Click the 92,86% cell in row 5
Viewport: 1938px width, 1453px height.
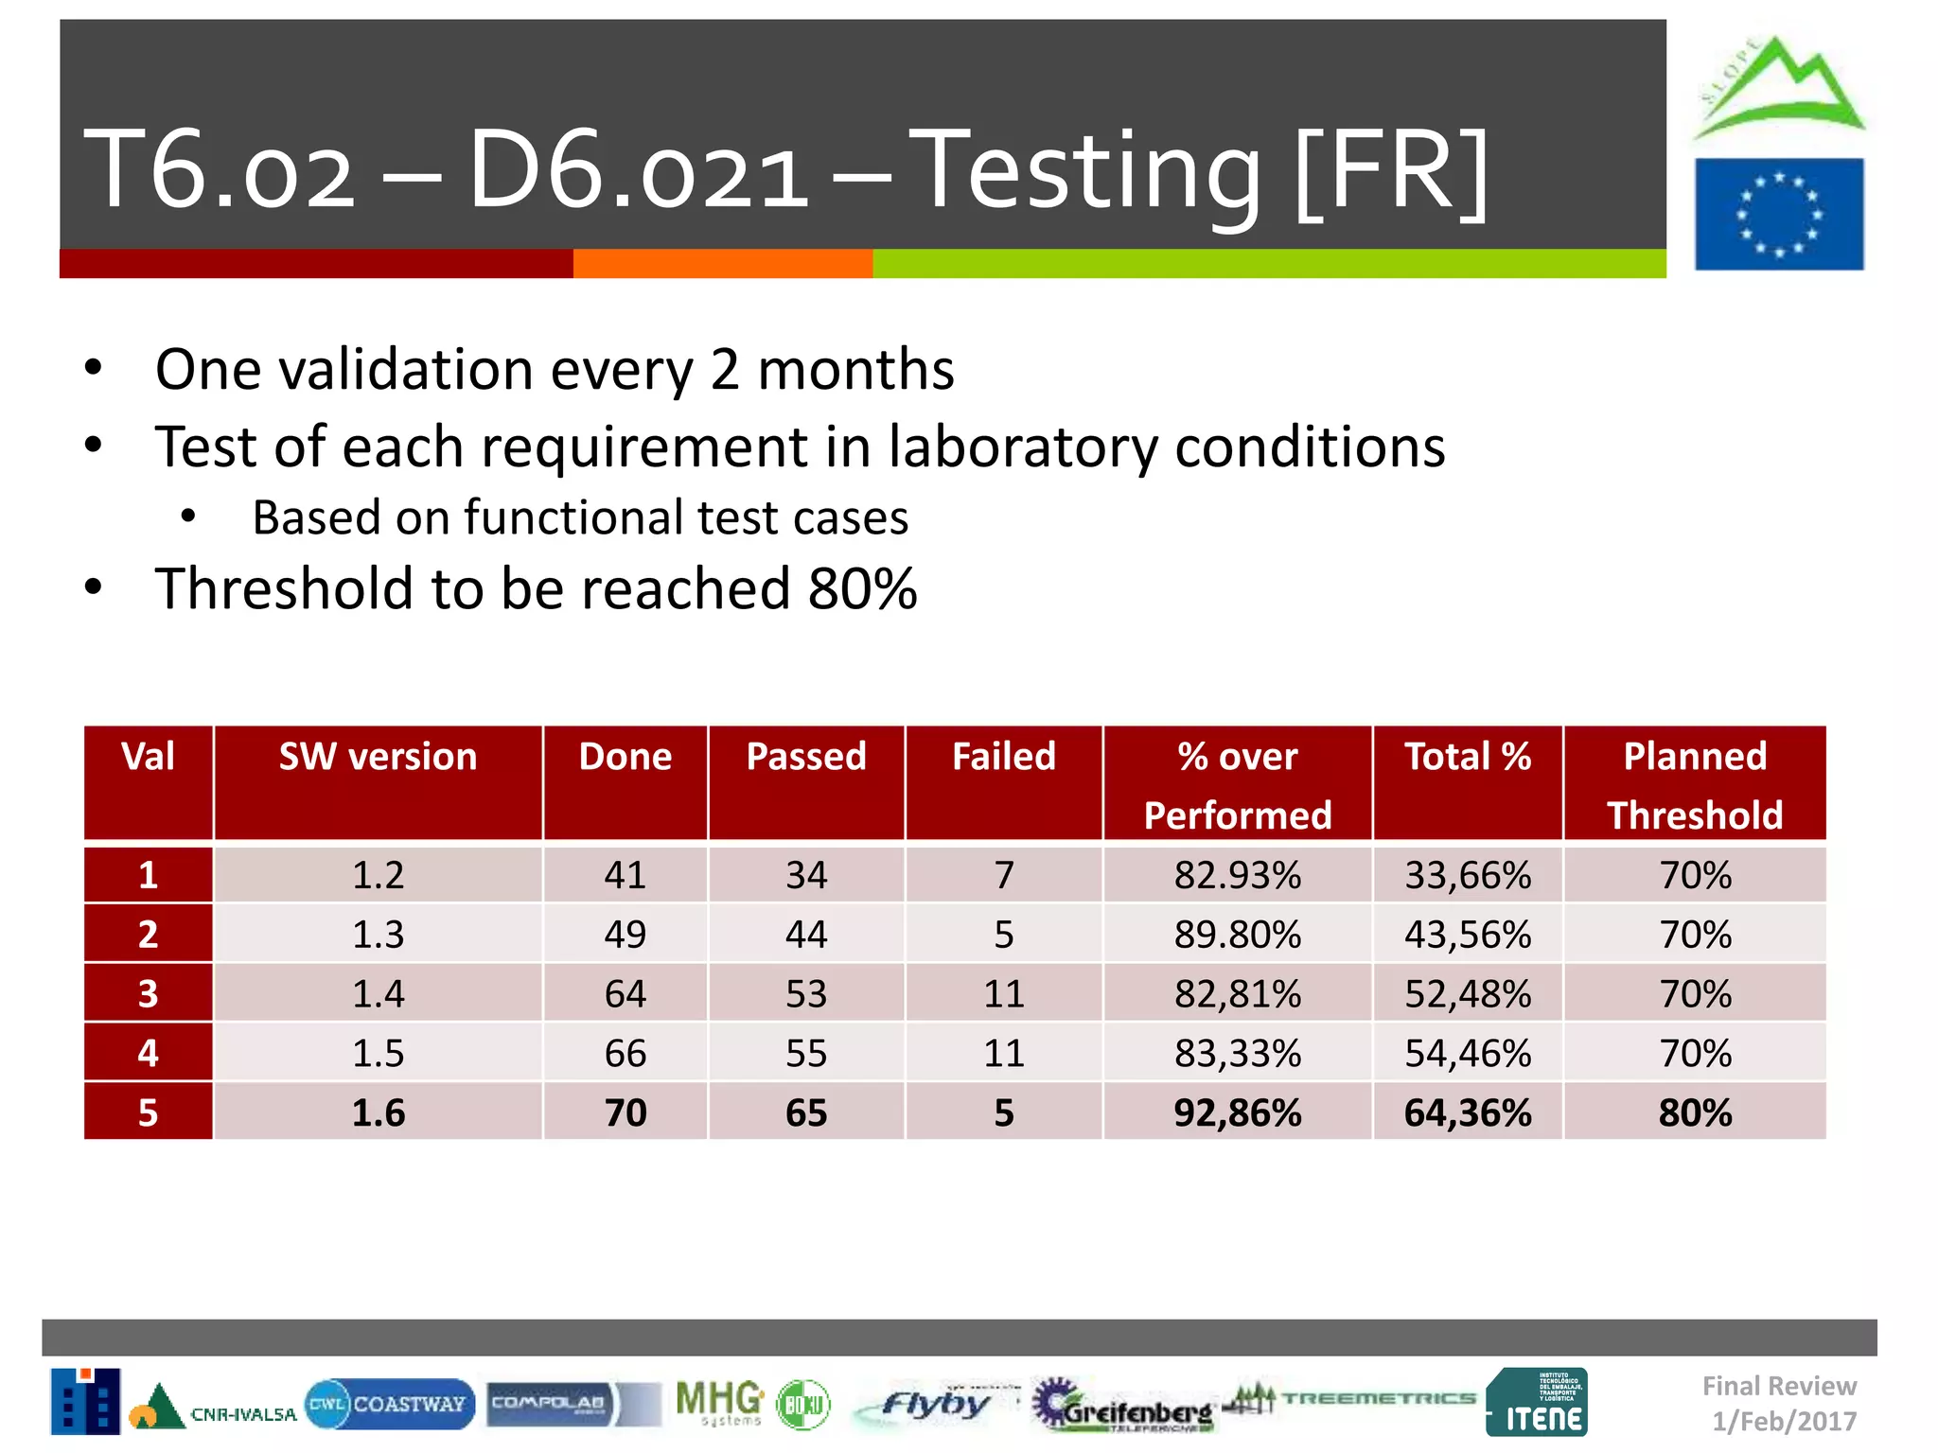click(x=1237, y=1112)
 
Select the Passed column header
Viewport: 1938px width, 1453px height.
click(x=805, y=757)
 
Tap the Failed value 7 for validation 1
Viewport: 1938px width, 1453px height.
click(x=1003, y=875)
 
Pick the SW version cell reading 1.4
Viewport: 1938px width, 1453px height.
click(x=378, y=994)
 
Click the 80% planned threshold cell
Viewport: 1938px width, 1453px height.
click(x=1694, y=1112)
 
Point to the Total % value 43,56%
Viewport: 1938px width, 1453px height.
click(x=1467, y=935)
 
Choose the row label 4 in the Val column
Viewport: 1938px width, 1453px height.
click(x=148, y=1053)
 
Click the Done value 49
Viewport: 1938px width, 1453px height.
click(x=625, y=935)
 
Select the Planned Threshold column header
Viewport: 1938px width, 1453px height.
click(x=1694, y=785)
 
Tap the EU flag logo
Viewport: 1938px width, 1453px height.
click(x=1778, y=215)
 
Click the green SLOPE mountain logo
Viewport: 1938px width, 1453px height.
click(x=1779, y=90)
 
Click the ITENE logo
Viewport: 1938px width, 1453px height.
click(x=1537, y=1402)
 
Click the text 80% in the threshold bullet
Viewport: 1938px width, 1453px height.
click(x=862, y=588)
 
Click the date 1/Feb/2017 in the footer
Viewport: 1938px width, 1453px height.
click(x=1784, y=1421)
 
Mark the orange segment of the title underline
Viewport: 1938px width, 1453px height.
click(x=722, y=264)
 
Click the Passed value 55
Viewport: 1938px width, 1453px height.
click(x=805, y=1053)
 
